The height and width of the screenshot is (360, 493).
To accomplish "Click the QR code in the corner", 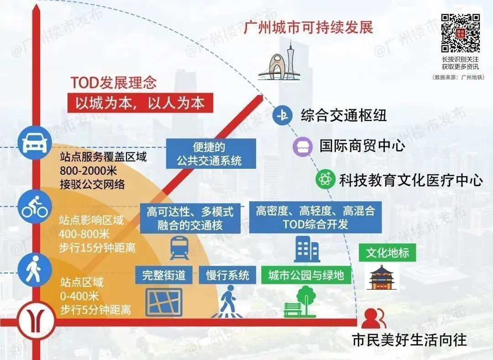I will (x=460, y=34).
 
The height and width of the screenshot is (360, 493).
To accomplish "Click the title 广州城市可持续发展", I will (x=309, y=27).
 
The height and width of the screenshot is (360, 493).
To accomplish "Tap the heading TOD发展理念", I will (x=113, y=82).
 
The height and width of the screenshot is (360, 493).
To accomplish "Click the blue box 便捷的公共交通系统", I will (x=210, y=154).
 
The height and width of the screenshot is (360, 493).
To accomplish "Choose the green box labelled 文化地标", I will (x=387, y=253).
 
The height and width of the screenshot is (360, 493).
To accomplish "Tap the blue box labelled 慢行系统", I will (x=227, y=275).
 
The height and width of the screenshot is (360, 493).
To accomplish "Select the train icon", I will (x=179, y=248).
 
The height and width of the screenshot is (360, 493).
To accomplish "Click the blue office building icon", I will (x=307, y=249).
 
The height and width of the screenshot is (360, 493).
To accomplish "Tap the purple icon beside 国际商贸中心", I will (x=302, y=146).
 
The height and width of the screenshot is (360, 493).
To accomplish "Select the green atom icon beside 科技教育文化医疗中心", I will (x=326, y=179).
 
